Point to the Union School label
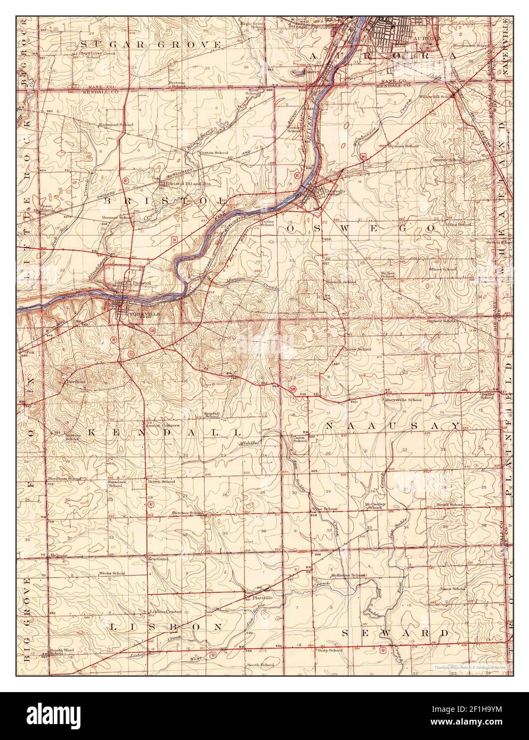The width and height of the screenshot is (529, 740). tap(300, 439)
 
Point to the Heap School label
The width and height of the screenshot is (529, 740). tap(330, 650)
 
